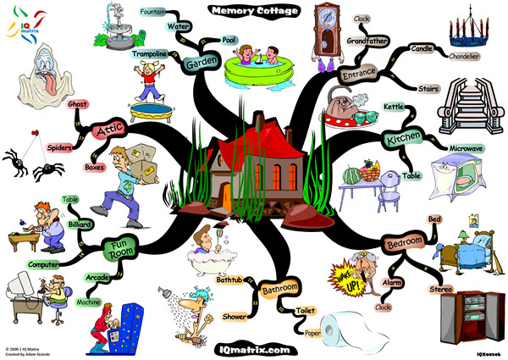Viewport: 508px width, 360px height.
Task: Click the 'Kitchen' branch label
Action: [x=404, y=138]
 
